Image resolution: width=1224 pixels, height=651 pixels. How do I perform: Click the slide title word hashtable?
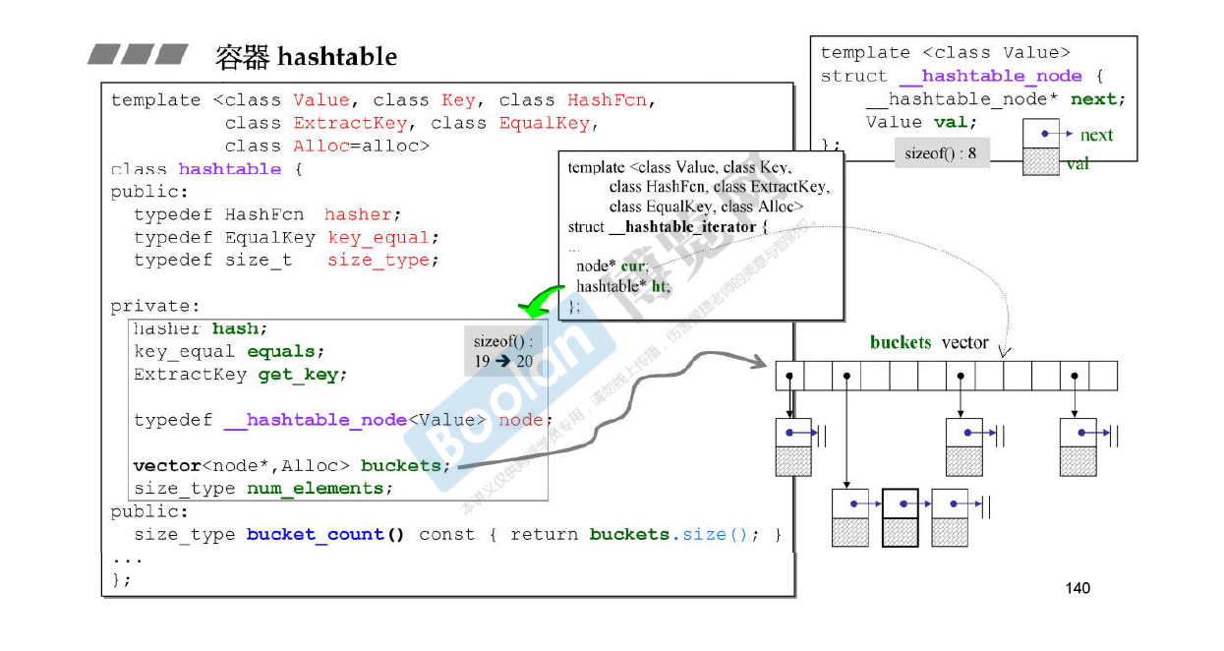click(x=337, y=57)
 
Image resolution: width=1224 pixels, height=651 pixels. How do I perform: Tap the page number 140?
click(x=1078, y=588)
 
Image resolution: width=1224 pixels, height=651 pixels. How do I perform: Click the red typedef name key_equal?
click(x=379, y=238)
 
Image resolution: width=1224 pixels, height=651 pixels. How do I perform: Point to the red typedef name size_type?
click(x=379, y=261)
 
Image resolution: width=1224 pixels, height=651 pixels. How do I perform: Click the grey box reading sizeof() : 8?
click(x=941, y=153)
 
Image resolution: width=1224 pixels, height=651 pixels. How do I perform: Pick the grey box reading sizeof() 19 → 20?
click(x=503, y=351)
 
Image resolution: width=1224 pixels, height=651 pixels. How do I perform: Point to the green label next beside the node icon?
click(x=1096, y=135)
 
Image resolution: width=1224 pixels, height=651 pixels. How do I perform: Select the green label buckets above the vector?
click(x=900, y=342)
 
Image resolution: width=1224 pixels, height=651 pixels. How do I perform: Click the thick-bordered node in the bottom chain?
click(x=901, y=517)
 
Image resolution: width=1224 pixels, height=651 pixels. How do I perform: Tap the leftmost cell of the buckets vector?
click(x=789, y=376)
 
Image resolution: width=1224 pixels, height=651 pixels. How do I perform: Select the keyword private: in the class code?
click(x=154, y=306)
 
